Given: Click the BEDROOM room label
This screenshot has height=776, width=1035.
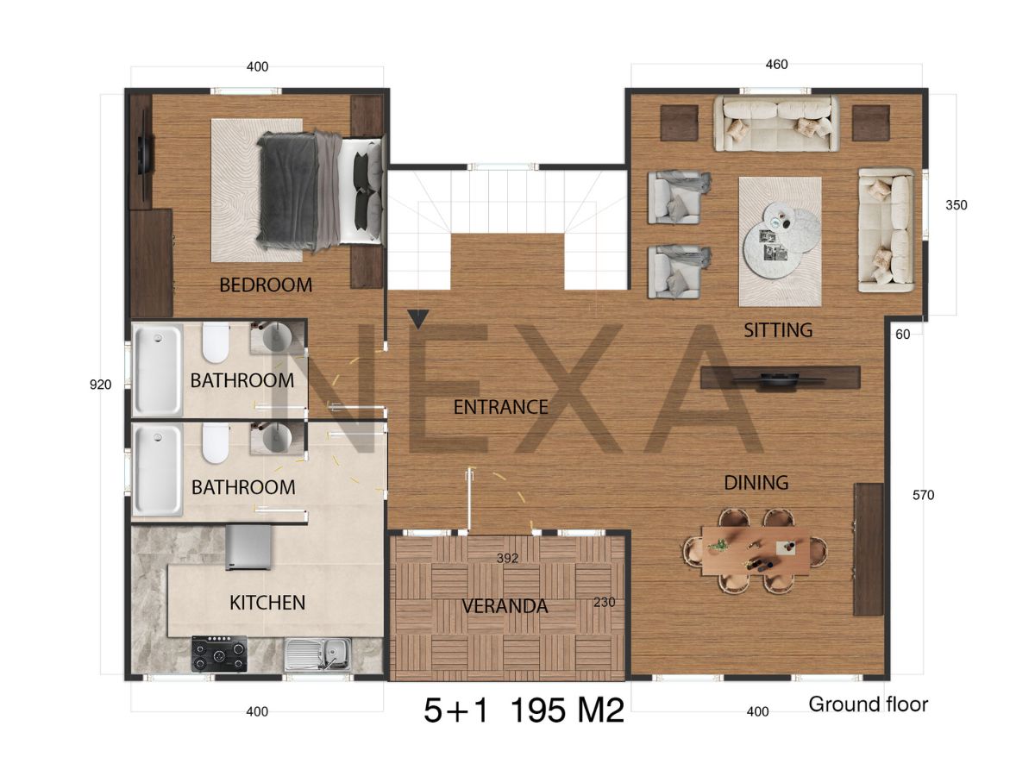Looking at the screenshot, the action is click(x=266, y=285).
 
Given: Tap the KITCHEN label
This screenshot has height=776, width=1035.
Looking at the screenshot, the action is click(x=267, y=603).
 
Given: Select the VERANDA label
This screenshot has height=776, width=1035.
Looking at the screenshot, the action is click(x=505, y=606).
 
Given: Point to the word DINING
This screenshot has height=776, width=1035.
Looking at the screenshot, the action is click(x=756, y=483).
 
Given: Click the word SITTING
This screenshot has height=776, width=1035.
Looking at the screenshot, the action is click(x=778, y=330).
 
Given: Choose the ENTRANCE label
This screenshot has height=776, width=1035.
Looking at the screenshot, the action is click(x=501, y=407).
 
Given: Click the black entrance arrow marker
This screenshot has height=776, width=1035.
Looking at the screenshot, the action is click(x=417, y=318).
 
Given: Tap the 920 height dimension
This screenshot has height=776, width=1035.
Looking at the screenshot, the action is click(x=100, y=385).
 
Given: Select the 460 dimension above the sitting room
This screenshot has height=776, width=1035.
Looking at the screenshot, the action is click(x=776, y=64).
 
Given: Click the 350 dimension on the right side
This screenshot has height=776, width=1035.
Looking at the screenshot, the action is click(x=956, y=205).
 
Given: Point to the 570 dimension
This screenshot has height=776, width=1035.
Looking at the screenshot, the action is click(x=923, y=495).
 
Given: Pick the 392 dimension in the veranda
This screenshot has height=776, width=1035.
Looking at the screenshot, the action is click(x=507, y=559).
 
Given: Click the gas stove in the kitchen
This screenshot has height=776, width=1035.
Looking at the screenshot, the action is click(x=219, y=654).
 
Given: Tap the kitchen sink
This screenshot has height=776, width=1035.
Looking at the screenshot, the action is click(x=317, y=654).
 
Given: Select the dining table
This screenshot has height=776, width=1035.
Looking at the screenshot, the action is click(x=756, y=551).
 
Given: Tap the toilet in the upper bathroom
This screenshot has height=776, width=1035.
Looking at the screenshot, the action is click(x=215, y=342).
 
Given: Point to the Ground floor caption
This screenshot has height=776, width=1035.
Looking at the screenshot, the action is click(x=868, y=704).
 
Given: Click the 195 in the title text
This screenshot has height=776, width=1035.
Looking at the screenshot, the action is click(x=537, y=710).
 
